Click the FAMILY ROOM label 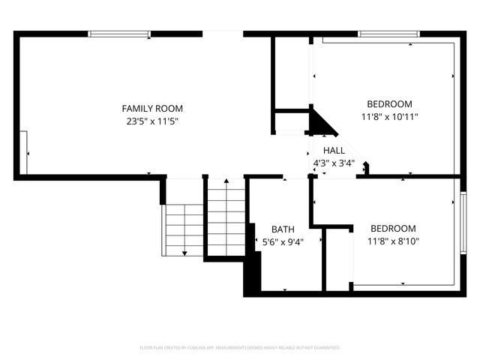pyautogui.click(x=152, y=108)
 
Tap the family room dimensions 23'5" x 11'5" pyautogui.click(x=152, y=121)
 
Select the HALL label pyautogui.click(x=334, y=151)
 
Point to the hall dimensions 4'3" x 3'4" pyautogui.click(x=334, y=163)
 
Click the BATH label pyautogui.click(x=283, y=229)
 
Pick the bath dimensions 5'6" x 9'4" pyautogui.click(x=283, y=241)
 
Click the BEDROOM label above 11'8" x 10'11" pyautogui.click(x=389, y=103)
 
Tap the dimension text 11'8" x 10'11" pyautogui.click(x=389, y=116)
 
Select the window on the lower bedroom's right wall pyautogui.click(x=463, y=223)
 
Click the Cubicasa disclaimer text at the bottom pyautogui.click(x=240, y=348)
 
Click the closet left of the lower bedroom pyautogui.click(x=337, y=259)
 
